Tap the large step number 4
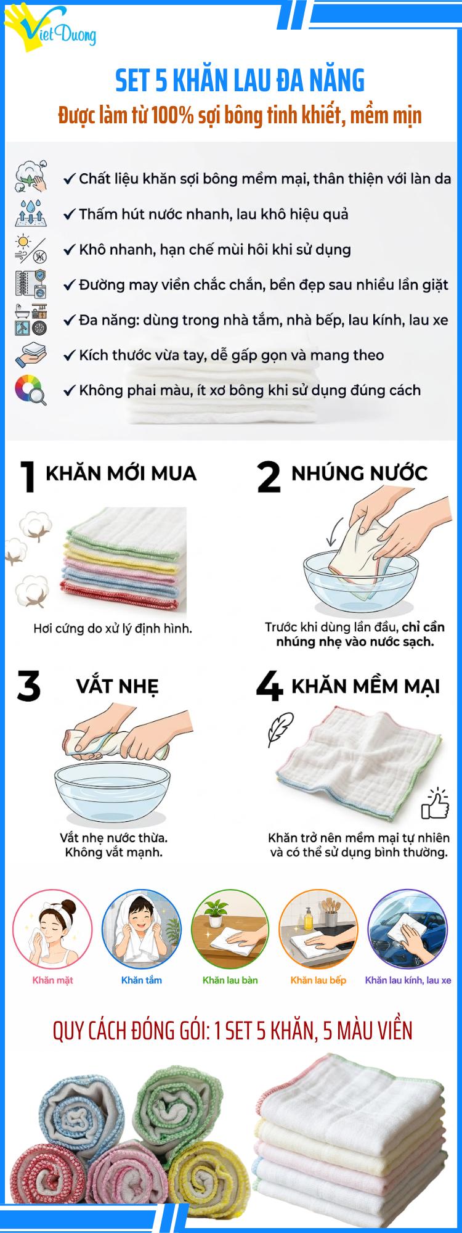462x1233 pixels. point(269,687)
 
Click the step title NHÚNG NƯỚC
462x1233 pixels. point(359,473)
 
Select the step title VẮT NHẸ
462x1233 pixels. point(117,686)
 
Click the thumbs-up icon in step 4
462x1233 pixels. point(434,803)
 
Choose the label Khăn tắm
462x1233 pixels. point(141,980)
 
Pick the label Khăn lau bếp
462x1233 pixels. point(318,980)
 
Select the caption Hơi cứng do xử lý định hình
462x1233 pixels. point(113,629)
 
